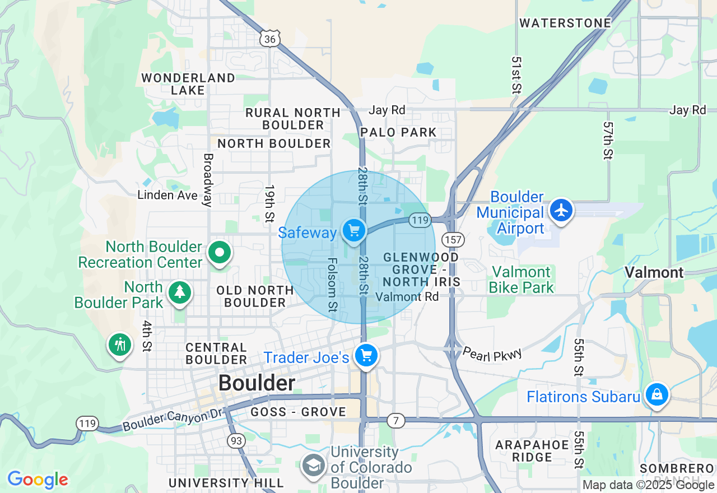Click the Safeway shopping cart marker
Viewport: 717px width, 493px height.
coord(353,230)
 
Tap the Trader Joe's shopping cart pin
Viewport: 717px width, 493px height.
coord(366,355)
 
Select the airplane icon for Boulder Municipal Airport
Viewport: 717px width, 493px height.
coord(561,211)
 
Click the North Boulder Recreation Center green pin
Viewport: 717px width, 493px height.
coord(220,253)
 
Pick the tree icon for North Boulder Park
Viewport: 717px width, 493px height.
coord(179,292)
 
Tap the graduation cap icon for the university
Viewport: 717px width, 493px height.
coord(314,465)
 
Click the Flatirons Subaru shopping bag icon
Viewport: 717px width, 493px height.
coord(657,395)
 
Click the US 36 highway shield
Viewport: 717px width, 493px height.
coord(270,38)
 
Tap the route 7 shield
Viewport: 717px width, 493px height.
coord(396,420)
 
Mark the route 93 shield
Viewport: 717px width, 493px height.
coord(236,441)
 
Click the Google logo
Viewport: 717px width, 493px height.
coord(38,480)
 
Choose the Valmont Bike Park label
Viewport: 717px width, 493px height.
coord(521,280)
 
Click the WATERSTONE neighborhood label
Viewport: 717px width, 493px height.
coord(565,23)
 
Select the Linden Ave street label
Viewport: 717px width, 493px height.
coord(167,196)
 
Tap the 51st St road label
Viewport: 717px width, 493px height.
coord(516,75)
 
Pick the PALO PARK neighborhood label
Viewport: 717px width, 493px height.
coord(398,132)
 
